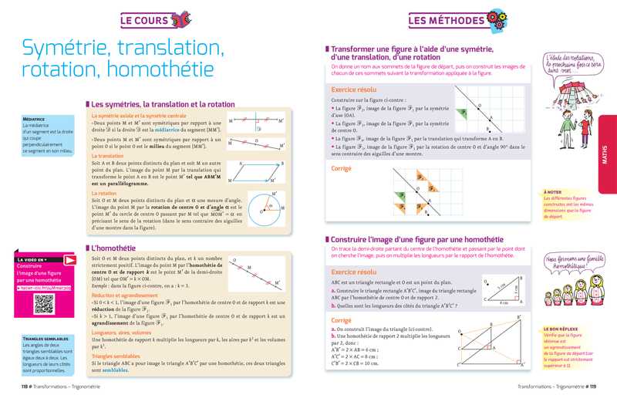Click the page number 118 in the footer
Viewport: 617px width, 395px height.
click(26, 385)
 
